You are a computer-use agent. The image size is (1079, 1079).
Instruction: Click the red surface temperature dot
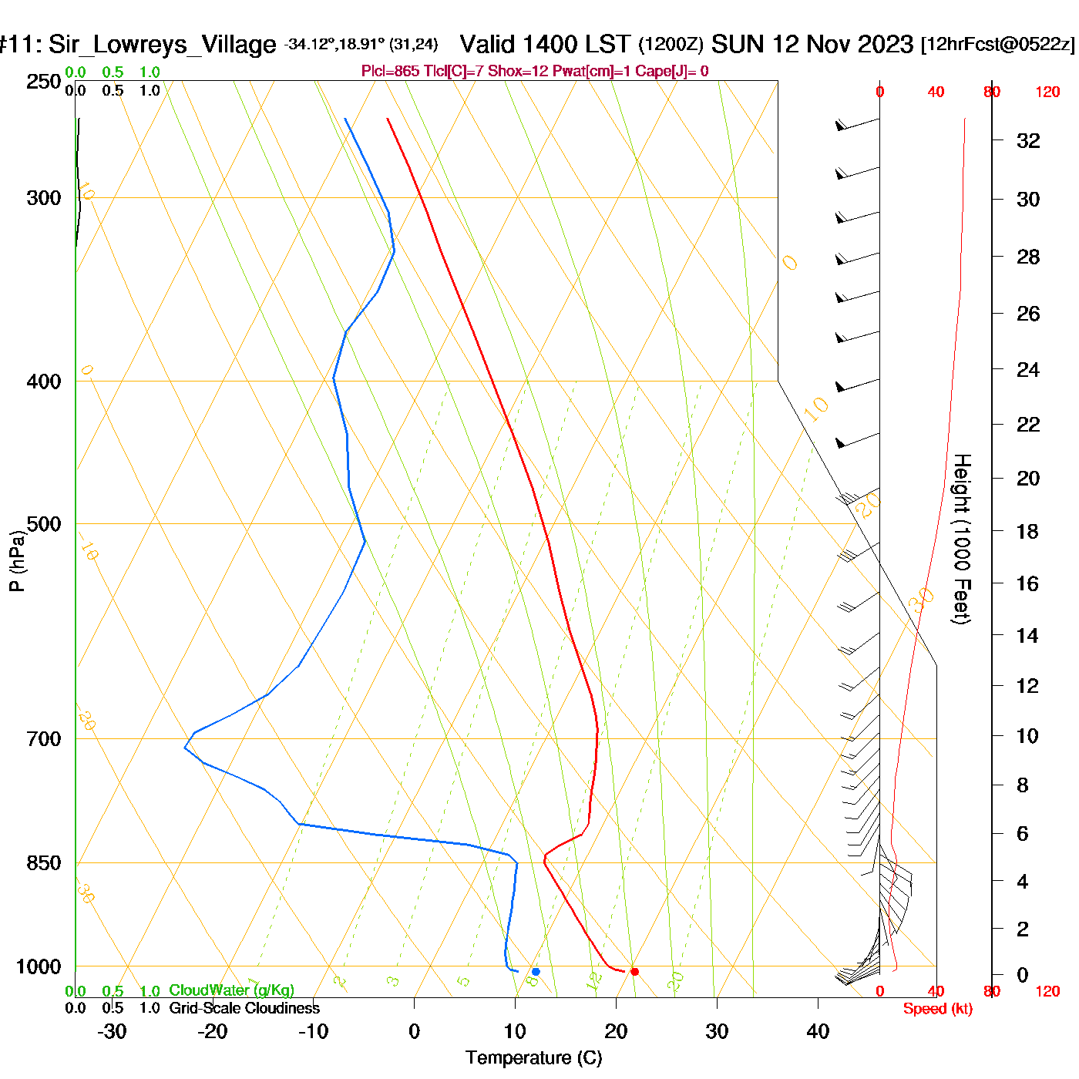click(634, 971)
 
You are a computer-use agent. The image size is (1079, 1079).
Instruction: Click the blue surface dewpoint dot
click(536, 971)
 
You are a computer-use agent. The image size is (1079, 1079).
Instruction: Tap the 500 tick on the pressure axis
click(44, 524)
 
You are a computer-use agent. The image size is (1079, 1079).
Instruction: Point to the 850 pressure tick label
click(44, 863)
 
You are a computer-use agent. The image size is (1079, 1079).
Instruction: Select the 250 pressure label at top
click(44, 82)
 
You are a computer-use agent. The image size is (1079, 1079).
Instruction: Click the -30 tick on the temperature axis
click(112, 1031)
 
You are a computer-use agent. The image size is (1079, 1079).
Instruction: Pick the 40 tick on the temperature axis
click(818, 1031)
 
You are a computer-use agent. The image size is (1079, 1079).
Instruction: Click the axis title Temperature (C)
click(533, 1058)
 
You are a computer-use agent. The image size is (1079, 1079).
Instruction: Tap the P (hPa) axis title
click(17, 561)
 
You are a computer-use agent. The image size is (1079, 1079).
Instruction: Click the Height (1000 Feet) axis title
click(961, 539)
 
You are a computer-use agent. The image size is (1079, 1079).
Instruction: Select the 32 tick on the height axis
click(1028, 140)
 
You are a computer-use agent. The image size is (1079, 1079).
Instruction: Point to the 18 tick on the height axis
click(1027, 531)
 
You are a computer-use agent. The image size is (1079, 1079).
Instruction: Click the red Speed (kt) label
click(937, 1009)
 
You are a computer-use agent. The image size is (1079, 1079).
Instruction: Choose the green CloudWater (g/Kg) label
click(231, 990)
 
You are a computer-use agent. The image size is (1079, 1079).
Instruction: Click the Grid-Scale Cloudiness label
click(244, 1008)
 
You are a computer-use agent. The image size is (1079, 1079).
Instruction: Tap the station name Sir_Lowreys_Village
click(162, 45)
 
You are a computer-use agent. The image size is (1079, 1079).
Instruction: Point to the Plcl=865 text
click(391, 71)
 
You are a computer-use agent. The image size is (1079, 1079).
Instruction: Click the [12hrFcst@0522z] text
click(997, 45)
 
